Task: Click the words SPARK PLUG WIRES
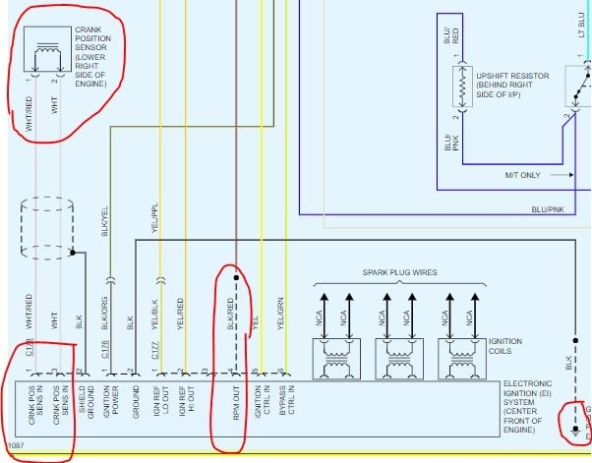point(400,272)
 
